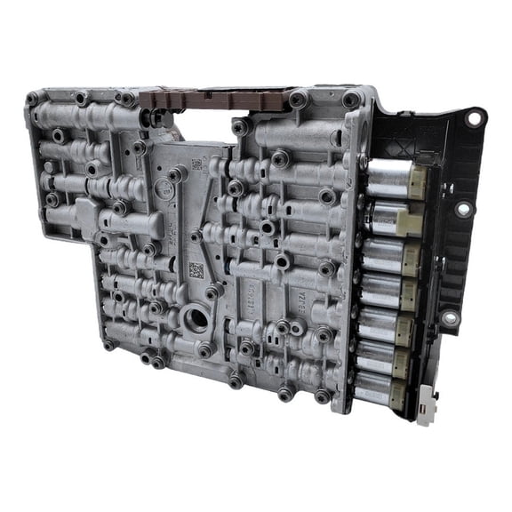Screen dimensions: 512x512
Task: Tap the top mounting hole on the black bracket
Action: [x=473, y=116]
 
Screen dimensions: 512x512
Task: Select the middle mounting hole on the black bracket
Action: [x=463, y=209]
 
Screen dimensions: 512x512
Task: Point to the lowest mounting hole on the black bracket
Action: [x=450, y=316]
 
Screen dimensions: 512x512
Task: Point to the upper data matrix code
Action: [x=196, y=165]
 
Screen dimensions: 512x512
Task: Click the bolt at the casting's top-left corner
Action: [x=33, y=98]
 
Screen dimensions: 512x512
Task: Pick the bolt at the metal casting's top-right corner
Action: [x=351, y=100]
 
